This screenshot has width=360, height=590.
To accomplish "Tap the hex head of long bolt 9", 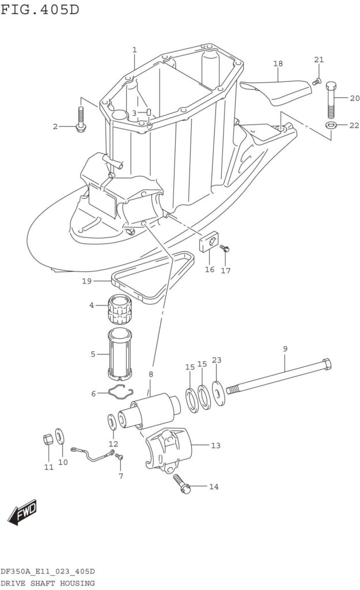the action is [x=327, y=364].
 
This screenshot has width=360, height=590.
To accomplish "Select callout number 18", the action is [x=278, y=63].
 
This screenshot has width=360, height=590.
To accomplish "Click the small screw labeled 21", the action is [x=316, y=81].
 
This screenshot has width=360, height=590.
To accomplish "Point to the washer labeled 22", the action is [x=331, y=124].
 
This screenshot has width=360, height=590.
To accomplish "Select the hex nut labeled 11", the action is [x=48, y=439].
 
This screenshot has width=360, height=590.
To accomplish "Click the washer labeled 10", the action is [x=59, y=436].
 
